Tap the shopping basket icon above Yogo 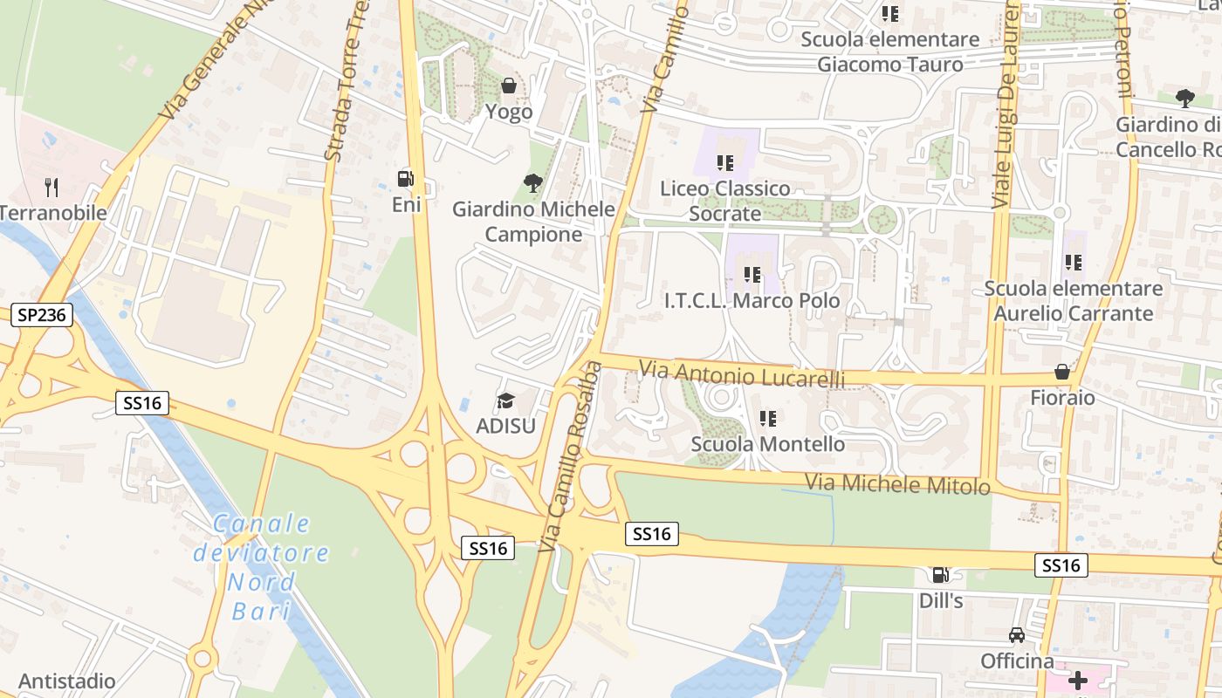click(x=509, y=86)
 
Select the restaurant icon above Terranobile click(x=51, y=187)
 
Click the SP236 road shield click(x=42, y=315)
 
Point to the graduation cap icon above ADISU click(x=505, y=400)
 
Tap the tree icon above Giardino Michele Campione click(x=532, y=182)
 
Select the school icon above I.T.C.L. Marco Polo click(x=752, y=275)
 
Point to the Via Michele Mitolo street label click(x=897, y=483)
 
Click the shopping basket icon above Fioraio click(x=1062, y=372)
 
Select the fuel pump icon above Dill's click(x=940, y=575)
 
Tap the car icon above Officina click(x=1017, y=635)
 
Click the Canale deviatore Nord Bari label click(x=261, y=566)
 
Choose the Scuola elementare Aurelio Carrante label click(x=1074, y=300)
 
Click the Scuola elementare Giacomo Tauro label click(x=890, y=51)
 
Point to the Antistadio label click(x=67, y=681)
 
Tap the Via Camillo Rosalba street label click(x=570, y=456)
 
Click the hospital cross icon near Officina click(x=1078, y=681)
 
